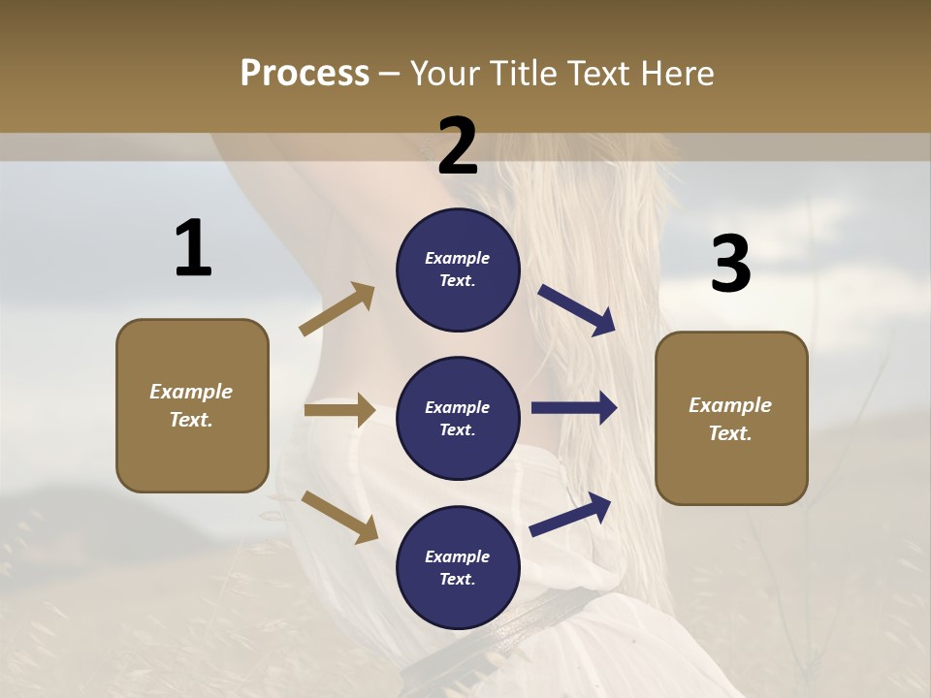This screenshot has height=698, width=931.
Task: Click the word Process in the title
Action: (x=305, y=74)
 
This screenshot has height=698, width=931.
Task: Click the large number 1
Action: (x=193, y=248)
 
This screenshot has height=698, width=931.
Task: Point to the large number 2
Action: (x=458, y=145)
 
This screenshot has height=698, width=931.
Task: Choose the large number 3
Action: (x=730, y=264)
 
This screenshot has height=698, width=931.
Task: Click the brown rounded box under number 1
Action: (x=192, y=405)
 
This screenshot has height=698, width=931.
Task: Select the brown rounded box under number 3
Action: (x=731, y=418)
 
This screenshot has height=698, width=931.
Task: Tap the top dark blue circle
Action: (x=458, y=270)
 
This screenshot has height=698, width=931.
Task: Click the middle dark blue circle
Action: (x=458, y=418)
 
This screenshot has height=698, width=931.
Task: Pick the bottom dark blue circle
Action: (x=458, y=567)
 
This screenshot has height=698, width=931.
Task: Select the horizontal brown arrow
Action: (x=339, y=410)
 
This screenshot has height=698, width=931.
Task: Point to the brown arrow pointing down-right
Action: (x=339, y=517)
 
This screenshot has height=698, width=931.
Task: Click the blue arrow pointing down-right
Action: (x=577, y=310)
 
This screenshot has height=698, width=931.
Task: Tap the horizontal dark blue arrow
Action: (x=574, y=408)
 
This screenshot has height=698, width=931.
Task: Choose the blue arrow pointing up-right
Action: (x=571, y=514)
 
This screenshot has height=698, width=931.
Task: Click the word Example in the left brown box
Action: (x=191, y=392)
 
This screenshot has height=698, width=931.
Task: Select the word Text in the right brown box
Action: (x=729, y=433)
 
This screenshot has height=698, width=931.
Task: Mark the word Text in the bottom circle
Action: (x=456, y=580)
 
